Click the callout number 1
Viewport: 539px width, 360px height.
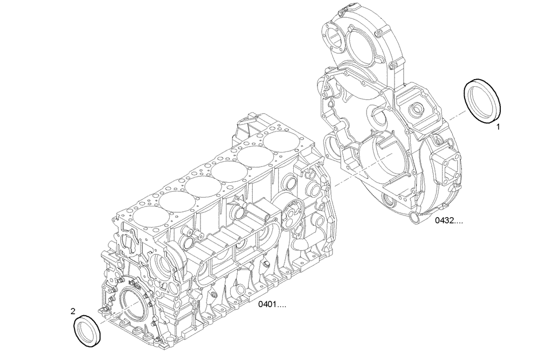point(499,128)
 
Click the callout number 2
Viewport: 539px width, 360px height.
point(73,310)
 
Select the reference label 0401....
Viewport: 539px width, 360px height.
point(272,305)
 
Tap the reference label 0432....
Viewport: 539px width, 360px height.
point(450,220)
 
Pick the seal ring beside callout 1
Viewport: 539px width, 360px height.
point(483,102)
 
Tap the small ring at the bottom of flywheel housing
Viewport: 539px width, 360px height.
point(413,217)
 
